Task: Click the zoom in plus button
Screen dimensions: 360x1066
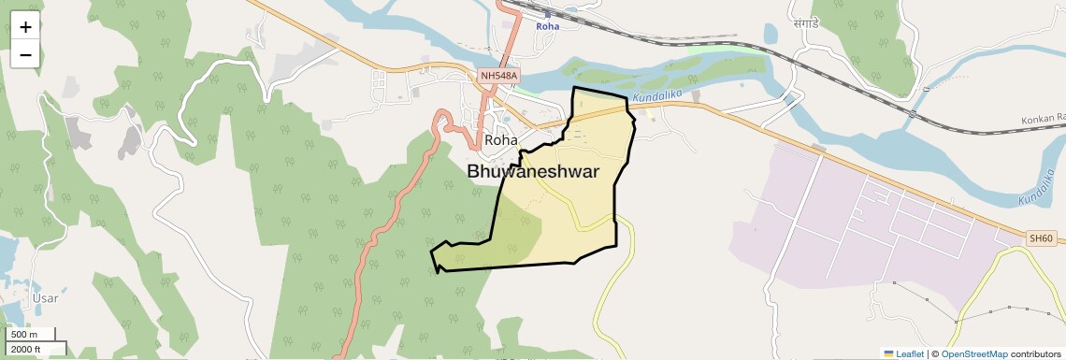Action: (x=25, y=28)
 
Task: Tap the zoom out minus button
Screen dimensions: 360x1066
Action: (x=25, y=54)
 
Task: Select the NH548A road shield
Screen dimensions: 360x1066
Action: (x=497, y=76)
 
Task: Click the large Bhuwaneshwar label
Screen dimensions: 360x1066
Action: (x=533, y=171)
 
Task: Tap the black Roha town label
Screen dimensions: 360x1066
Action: (x=501, y=140)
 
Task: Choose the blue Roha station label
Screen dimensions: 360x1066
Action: (x=547, y=26)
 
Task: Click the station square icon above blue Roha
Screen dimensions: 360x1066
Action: (x=547, y=14)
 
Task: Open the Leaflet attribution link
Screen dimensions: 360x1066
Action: (x=910, y=353)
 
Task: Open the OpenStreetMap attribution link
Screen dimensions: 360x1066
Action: (x=973, y=353)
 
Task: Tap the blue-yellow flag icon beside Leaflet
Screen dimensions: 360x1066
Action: (x=888, y=353)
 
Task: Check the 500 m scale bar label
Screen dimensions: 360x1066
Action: (x=23, y=335)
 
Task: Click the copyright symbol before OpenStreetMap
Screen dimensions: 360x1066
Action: (x=935, y=353)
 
